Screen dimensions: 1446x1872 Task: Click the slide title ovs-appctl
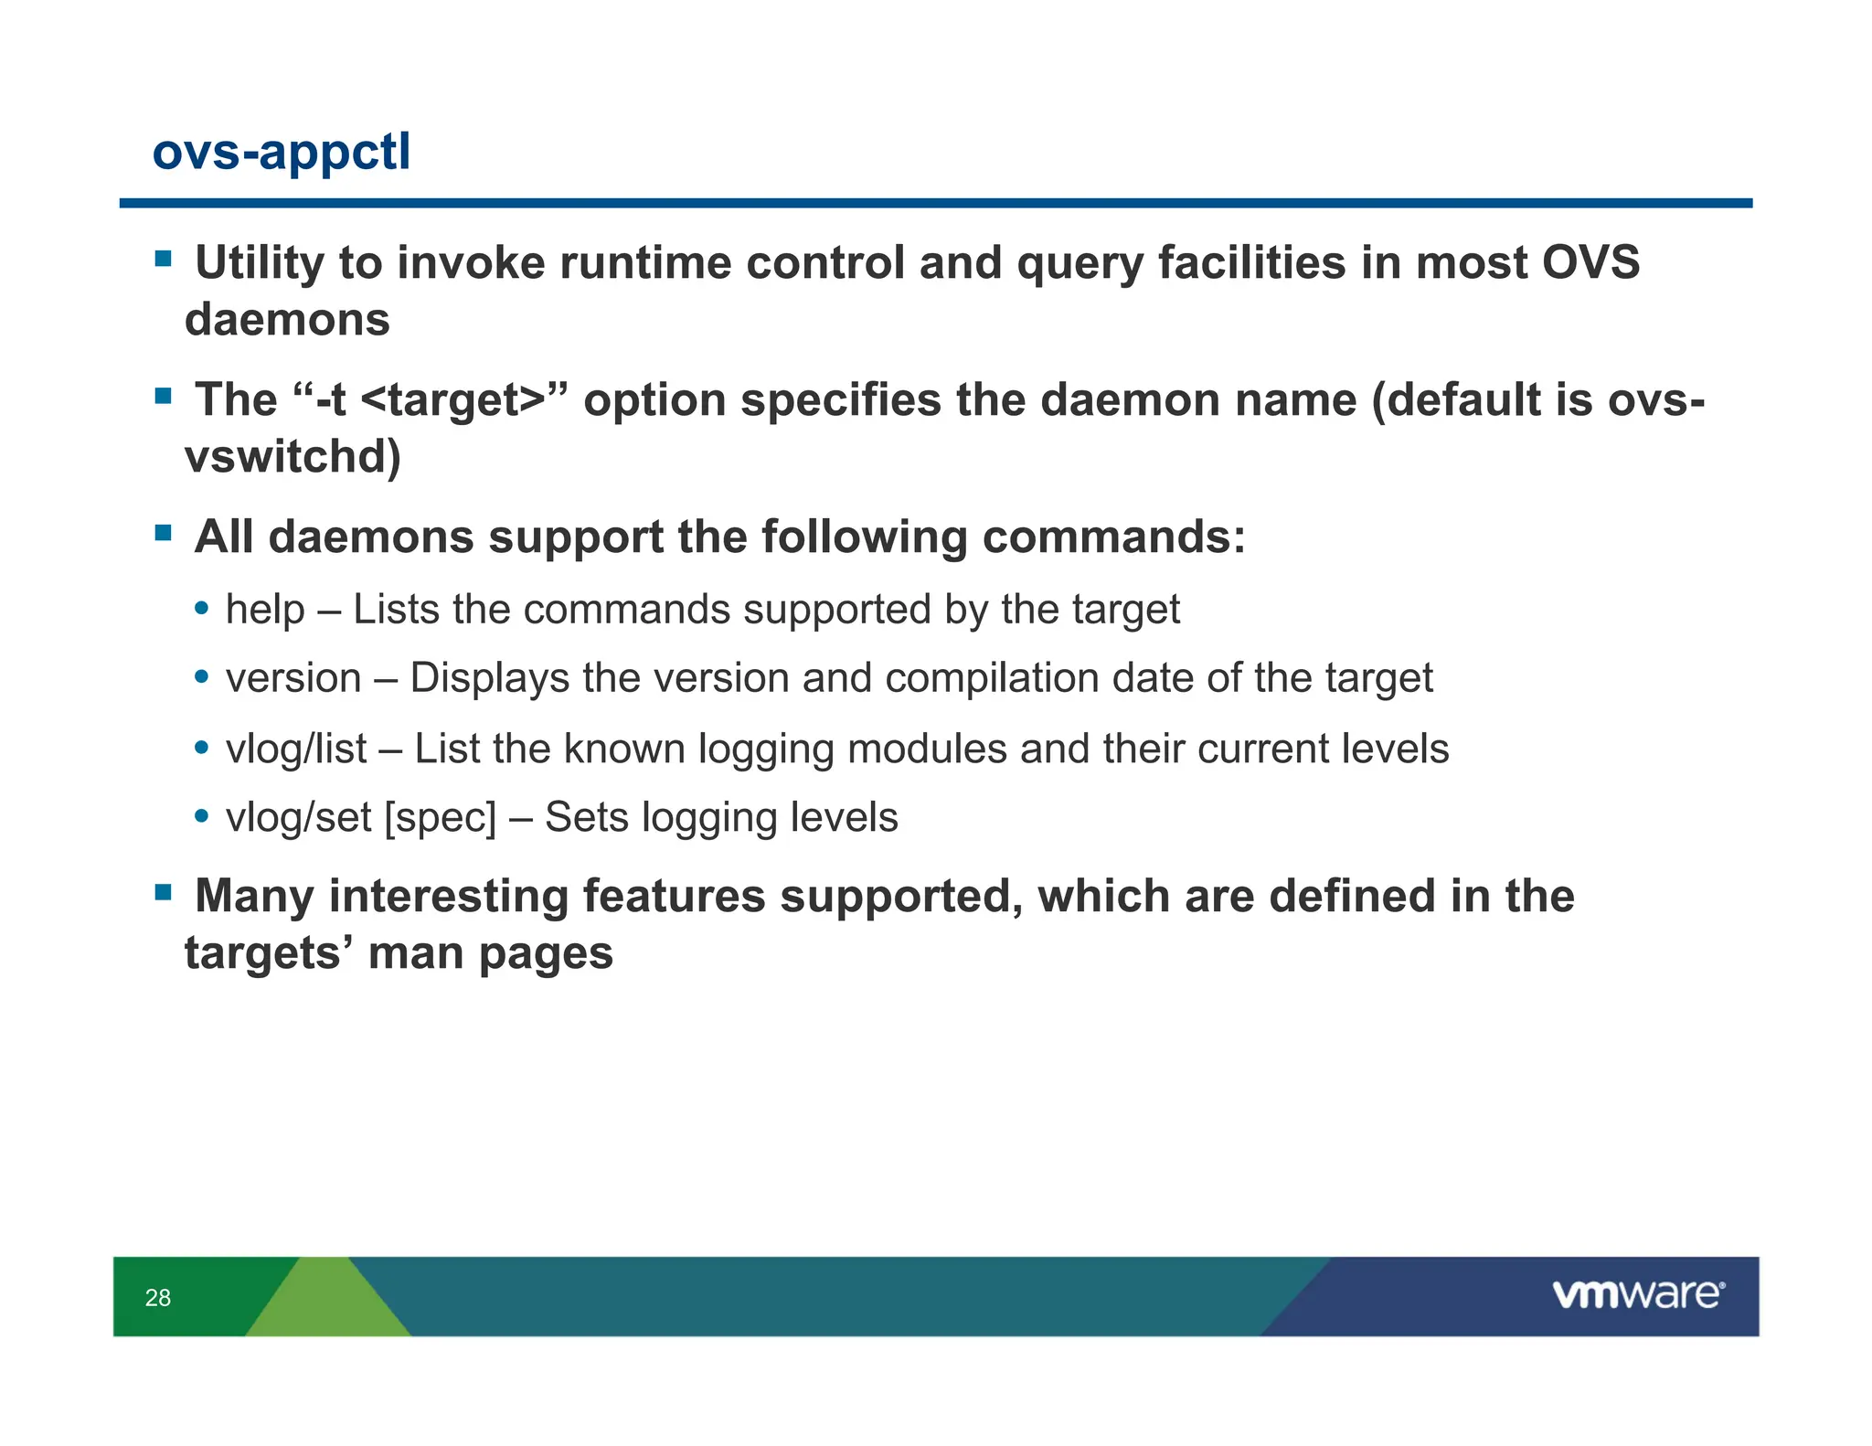tap(281, 152)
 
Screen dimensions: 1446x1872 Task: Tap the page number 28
tap(157, 1297)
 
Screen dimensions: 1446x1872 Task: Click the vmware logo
tap(1637, 1294)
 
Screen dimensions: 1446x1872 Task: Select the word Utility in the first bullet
tap(260, 263)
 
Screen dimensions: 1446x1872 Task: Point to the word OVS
tap(1590, 263)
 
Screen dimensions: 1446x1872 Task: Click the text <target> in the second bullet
tap(453, 400)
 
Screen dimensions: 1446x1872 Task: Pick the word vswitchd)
tap(292, 457)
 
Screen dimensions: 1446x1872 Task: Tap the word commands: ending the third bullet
tap(1113, 537)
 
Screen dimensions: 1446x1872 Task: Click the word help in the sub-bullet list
tap(265, 610)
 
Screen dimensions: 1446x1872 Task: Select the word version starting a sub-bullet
tap(293, 678)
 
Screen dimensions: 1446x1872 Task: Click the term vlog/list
tap(296, 749)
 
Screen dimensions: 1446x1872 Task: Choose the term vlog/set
tap(298, 817)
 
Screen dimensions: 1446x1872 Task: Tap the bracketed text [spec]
tap(441, 817)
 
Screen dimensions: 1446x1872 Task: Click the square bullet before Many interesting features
tap(164, 891)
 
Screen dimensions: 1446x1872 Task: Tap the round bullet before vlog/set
tap(202, 815)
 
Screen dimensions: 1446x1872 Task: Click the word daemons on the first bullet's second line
tap(287, 320)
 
